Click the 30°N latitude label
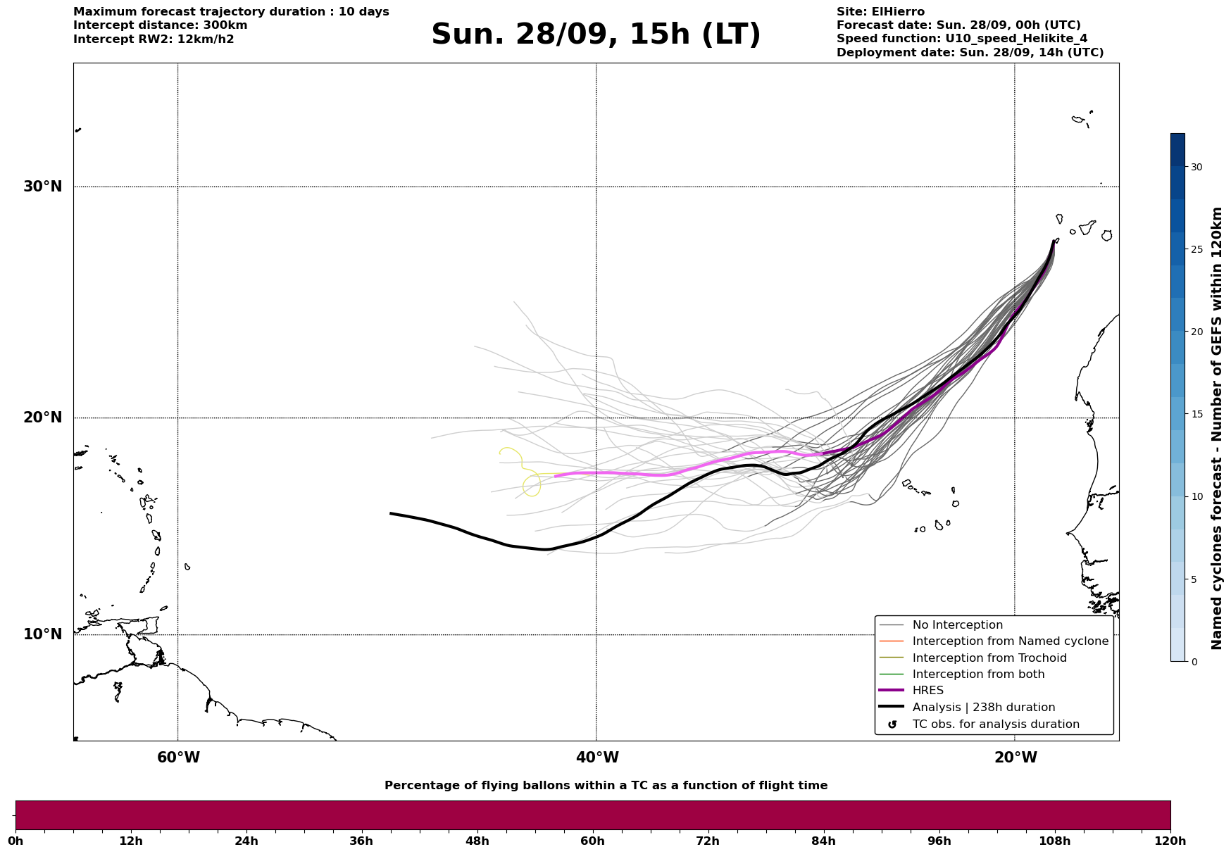42,187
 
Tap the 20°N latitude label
42,417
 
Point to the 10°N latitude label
42,634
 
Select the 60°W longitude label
178,758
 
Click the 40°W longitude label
597,758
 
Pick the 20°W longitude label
1016,758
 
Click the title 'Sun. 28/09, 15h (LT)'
596,34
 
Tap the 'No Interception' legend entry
957,625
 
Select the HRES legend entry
927,691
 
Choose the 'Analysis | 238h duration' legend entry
983,708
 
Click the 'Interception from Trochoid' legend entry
989,658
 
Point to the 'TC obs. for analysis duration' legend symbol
892,724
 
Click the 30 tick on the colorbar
1196,167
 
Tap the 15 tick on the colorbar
1196,414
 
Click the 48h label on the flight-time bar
477,841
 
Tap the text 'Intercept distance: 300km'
160,25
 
